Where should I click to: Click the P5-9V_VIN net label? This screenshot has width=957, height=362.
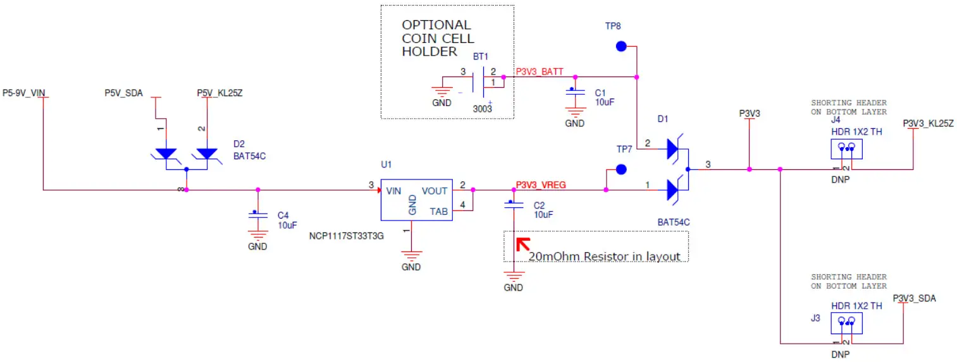pyautogui.click(x=25, y=93)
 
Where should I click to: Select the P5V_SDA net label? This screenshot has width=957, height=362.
pyautogui.click(x=123, y=93)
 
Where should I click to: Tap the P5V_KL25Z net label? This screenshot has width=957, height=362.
pyautogui.click(x=219, y=93)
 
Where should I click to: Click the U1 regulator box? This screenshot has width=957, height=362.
pyautogui.click(x=416, y=200)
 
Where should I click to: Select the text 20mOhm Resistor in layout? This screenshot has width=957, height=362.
pyautogui.click(x=604, y=256)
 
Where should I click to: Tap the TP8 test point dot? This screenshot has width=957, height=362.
pyautogui.click(x=621, y=46)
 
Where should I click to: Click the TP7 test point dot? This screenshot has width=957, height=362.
pyautogui.click(x=621, y=169)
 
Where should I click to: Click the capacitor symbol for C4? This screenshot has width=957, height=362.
pyautogui.click(x=257, y=215)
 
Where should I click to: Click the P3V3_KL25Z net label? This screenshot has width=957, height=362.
pyautogui.click(x=928, y=123)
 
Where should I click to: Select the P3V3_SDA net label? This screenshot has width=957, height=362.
pyautogui.click(x=914, y=298)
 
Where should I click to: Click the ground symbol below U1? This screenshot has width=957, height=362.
pyautogui.click(x=411, y=256)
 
